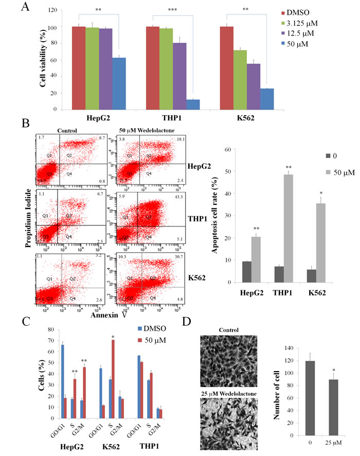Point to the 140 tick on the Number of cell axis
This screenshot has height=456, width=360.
(292, 348)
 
